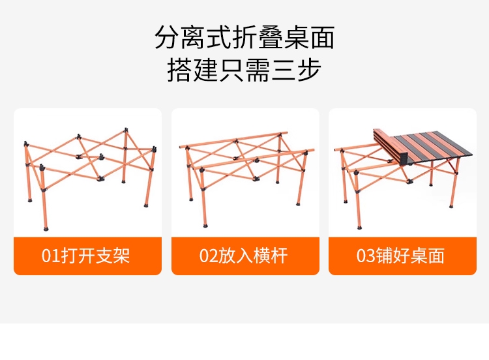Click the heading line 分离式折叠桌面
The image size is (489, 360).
[x=244, y=37]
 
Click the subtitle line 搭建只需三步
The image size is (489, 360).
[x=244, y=70]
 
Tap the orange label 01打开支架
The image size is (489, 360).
[x=87, y=256]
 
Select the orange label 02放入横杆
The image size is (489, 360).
[x=245, y=256]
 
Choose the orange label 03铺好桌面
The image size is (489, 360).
[x=403, y=256]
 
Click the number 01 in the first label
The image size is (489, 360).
[x=51, y=256]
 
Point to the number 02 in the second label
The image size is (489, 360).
[x=209, y=256]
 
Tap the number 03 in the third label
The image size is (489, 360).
[x=366, y=256]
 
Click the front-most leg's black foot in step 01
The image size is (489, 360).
[x=46, y=228]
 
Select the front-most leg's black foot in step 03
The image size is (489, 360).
[x=359, y=227]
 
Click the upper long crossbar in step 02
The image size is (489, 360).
[x=233, y=140]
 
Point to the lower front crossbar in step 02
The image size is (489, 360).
[x=253, y=160]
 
